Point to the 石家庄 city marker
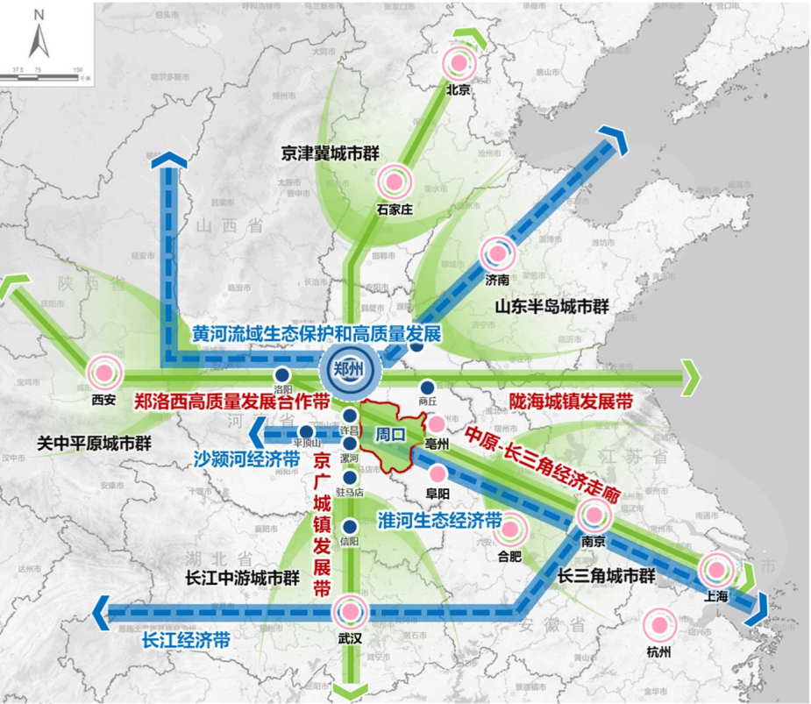click(x=394, y=181)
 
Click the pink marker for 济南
click(x=497, y=254)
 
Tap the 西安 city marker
click(x=103, y=372)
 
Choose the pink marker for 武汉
click(x=349, y=612)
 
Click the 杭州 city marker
click(x=658, y=625)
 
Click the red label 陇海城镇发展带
click(x=571, y=401)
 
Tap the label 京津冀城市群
click(x=328, y=150)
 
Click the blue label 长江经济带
click(x=186, y=640)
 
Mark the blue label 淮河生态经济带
click(x=438, y=519)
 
